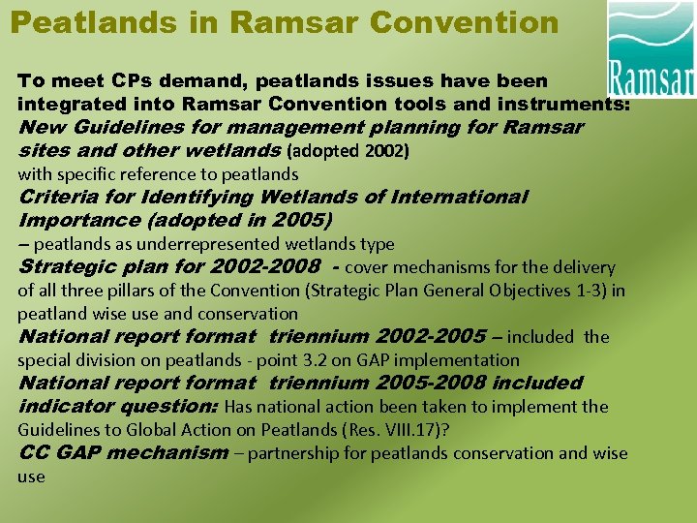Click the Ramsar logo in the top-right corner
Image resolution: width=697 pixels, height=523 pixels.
tap(651, 48)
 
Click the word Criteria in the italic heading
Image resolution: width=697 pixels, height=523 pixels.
tap(64, 198)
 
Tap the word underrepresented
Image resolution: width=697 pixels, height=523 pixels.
tap(208, 244)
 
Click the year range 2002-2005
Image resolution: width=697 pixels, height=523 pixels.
tap(430, 337)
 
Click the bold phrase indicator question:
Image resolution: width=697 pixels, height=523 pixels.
tap(118, 407)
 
